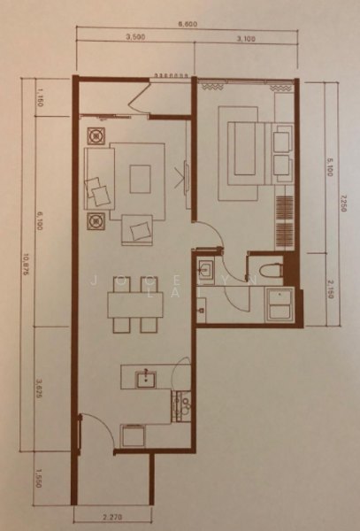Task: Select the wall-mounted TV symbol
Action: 186,178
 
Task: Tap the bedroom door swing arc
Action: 205,235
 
